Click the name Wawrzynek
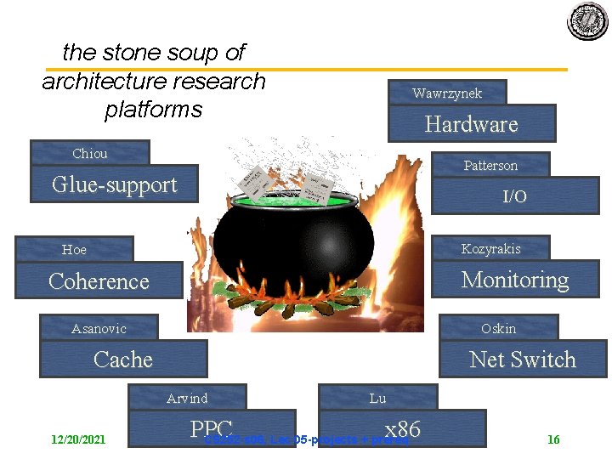click(447, 93)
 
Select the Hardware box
click(472, 124)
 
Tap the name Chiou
click(90, 154)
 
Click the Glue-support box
click(114, 185)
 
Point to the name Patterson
click(490, 165)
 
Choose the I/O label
click(514, 196)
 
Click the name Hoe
click(74, 249)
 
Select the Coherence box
click(99, 281)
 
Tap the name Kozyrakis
click(490, 248)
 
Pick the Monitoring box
click(515, 280)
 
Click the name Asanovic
click(99, 328)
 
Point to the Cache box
click(123, 360)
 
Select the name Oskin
click(498, 328)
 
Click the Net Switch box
click(523, 360)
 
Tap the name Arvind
click(187, 398)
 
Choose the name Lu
click(377, 398)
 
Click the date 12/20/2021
click(78, 439)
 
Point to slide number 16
click(553, 439)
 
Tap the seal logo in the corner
click(588, 20)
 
